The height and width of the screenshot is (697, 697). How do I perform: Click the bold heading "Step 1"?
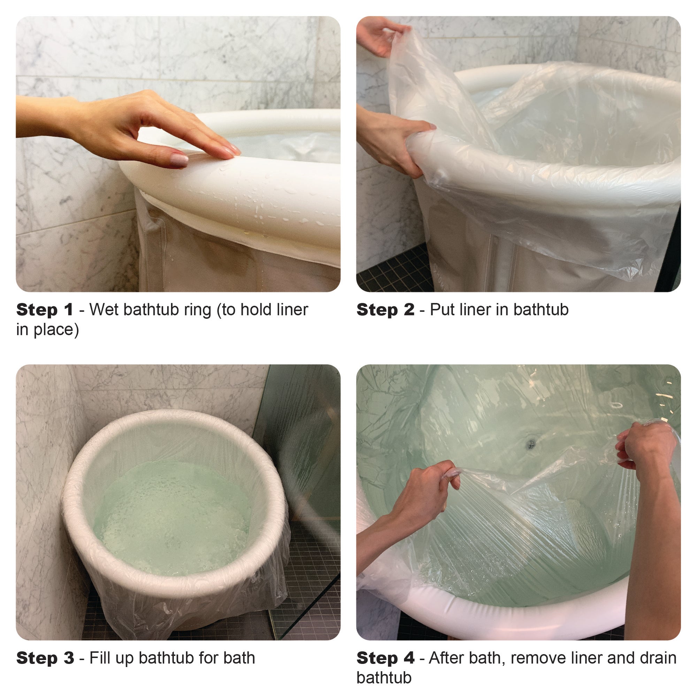point(44,310)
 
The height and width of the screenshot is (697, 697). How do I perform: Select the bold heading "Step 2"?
point(385,310)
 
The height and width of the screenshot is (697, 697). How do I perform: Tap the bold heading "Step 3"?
point(45,658)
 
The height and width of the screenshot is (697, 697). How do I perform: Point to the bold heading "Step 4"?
point(385,658)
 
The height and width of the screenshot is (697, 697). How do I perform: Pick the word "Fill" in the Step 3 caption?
point(100,658)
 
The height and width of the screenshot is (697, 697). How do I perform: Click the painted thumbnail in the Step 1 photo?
point(179,160)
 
